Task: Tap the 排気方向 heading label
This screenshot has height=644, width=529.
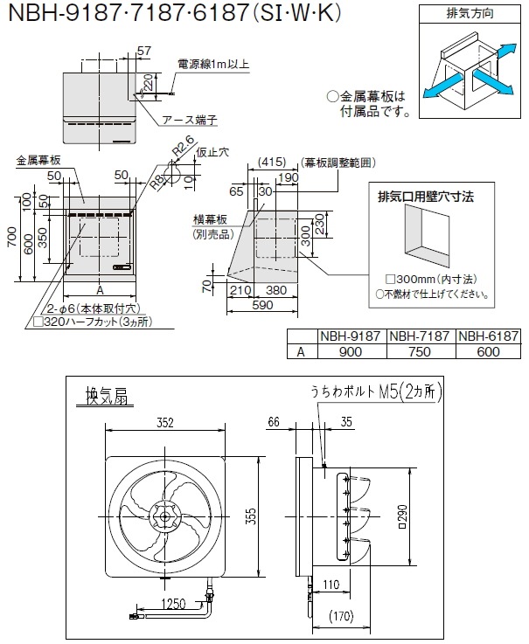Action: click(463, 14)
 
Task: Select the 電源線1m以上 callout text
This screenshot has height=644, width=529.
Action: click(212, 63)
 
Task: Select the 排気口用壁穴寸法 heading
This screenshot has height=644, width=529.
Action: click(424, 197)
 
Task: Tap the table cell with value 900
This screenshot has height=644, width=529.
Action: click(351, 351)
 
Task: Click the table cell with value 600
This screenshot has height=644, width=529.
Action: click(489, 351)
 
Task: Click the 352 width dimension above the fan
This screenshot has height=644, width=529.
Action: click(164, 423)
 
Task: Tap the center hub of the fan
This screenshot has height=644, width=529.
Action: click(164, 515)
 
